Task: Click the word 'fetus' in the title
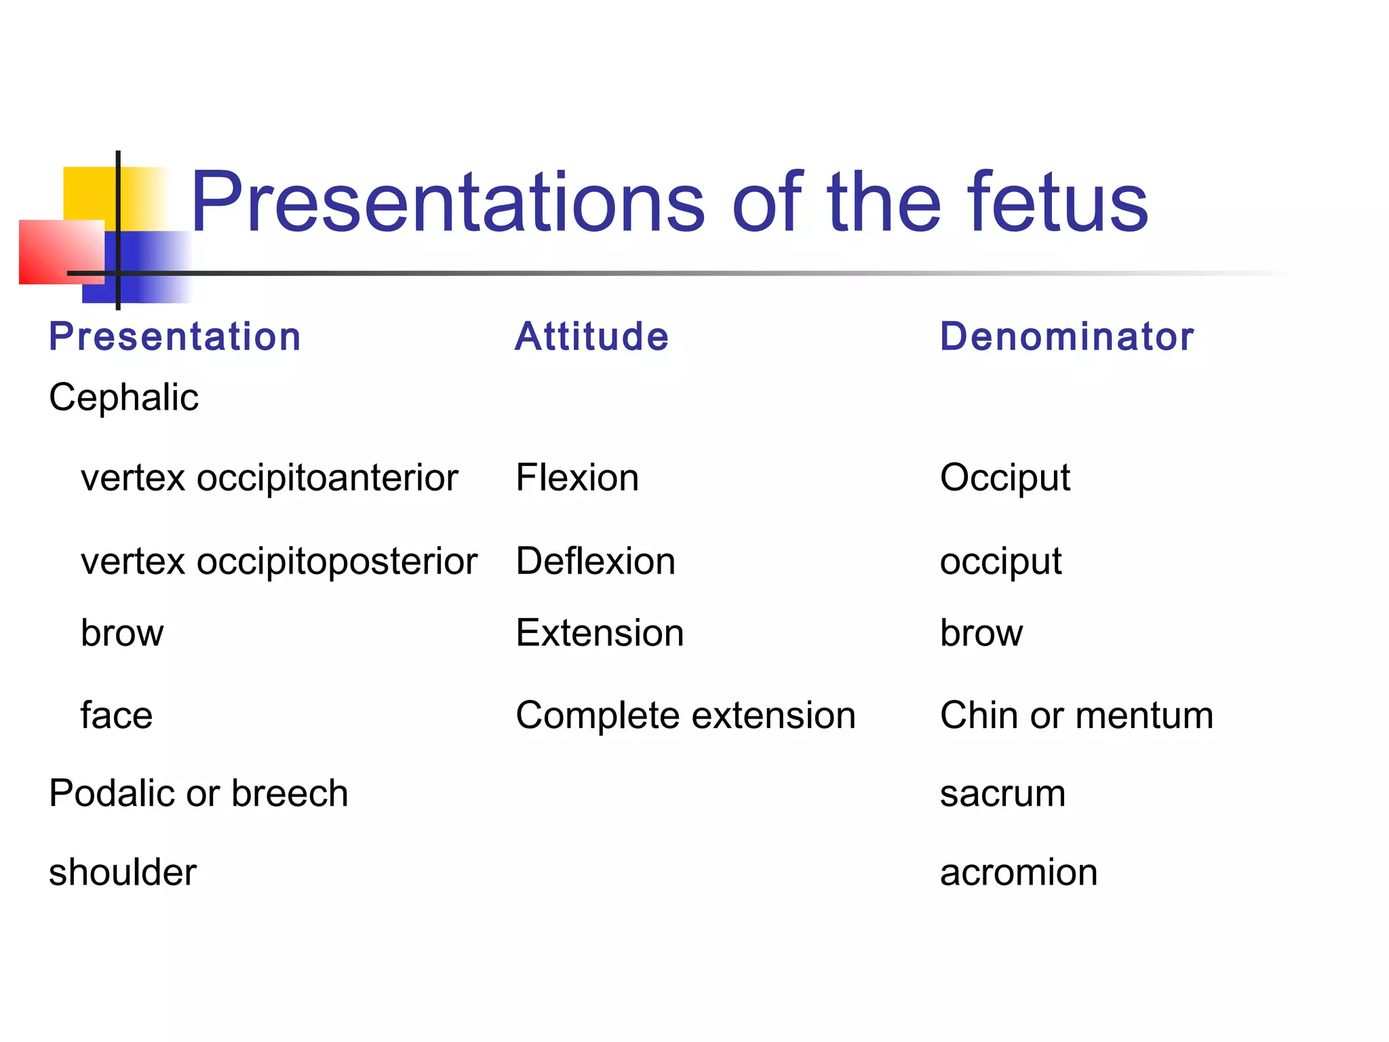[1057, 202]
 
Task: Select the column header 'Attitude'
[591, 336]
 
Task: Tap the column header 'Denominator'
[1066, 336]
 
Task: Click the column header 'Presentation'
[175, 336]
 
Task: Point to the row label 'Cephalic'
[123, 397]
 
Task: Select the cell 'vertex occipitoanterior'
[269, 478]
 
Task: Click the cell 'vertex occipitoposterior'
[279, 562]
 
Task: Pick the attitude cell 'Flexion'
[577, 478]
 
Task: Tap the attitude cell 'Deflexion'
[595, 562]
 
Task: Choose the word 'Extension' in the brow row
[600, 633]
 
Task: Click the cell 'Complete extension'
[685, 716]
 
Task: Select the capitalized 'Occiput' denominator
[1004, 478]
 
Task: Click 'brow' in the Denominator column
[981, 633]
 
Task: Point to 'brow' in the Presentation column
[122, 633]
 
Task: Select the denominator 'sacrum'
[1002, 794]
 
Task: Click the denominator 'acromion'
[1018, 872]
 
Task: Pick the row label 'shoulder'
[123, 872]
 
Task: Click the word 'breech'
[290, 794]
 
